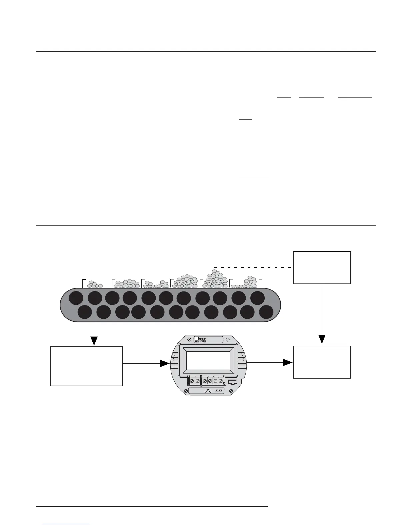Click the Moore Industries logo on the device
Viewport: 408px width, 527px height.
click(201, 339)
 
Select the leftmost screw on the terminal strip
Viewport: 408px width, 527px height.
click(192, 380)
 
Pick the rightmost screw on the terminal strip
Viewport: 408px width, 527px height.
click(220, 380)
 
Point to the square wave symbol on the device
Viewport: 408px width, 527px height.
click(219, 391)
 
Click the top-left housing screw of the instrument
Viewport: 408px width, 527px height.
click(189, 339)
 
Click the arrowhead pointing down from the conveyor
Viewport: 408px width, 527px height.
click(94, 341)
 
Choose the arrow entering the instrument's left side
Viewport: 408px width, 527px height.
click(165, 364)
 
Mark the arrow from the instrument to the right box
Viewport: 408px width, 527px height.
click(288, 362)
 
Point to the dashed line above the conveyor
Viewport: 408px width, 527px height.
click(253, 267)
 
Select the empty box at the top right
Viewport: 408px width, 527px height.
click(322, 267)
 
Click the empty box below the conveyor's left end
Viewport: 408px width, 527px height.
click(86, 366)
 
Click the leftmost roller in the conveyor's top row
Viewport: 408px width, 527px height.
click(76, 298)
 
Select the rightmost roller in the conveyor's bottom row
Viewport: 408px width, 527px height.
click(266, 313)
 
